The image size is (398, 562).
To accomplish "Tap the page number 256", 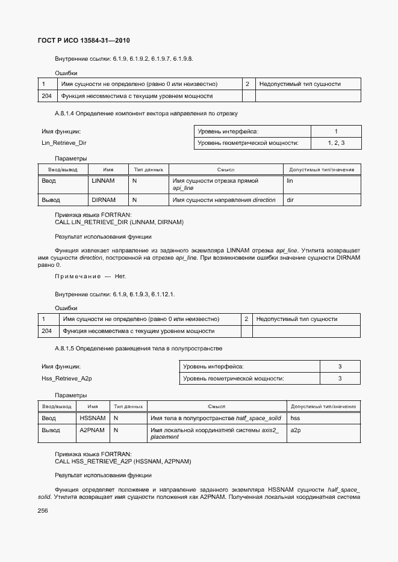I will (43, 510).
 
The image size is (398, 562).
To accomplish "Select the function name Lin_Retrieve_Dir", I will (64, 143).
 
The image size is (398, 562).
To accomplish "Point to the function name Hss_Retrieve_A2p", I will (66, 378).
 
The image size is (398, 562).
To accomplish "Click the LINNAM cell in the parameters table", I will (103, 181).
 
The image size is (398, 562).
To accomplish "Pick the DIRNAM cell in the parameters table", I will (103, 200).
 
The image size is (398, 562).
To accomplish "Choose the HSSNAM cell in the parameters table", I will (93, 418).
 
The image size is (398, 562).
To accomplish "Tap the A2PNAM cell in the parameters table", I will (93, 430).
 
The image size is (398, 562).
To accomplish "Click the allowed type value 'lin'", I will (290, 181).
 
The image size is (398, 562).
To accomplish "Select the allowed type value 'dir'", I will (290, 200).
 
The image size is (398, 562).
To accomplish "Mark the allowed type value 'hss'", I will (295, 418).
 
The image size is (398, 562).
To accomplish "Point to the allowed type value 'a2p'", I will (295, 430).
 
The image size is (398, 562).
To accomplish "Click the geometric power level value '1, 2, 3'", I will (336, 143).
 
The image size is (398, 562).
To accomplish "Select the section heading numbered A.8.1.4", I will (146, 113).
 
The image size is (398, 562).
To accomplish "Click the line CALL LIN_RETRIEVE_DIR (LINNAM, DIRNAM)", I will (119, 222).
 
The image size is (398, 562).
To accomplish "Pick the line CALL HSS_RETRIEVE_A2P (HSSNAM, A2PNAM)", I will (123, 461).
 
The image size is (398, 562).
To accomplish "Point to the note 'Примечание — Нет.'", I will (90, 276).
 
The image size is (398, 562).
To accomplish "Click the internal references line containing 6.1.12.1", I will (114, 295).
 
